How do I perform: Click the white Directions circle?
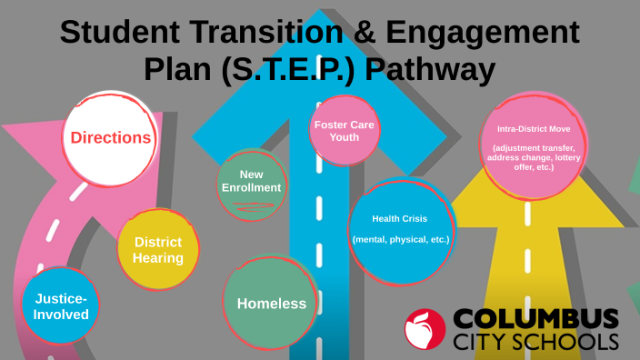point(110,138)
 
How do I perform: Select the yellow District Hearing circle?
point(158,250)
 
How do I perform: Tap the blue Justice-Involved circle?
point(62,306)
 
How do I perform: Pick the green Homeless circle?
point(271,304)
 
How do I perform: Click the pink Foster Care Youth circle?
point(344,130)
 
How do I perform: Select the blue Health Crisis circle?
point(400,230)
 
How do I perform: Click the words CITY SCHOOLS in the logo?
point(536,343)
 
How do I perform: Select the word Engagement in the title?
point(483,34)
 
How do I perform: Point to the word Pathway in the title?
point(430,70)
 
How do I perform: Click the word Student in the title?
point(115,34)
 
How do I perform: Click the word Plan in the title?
point(176,70)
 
